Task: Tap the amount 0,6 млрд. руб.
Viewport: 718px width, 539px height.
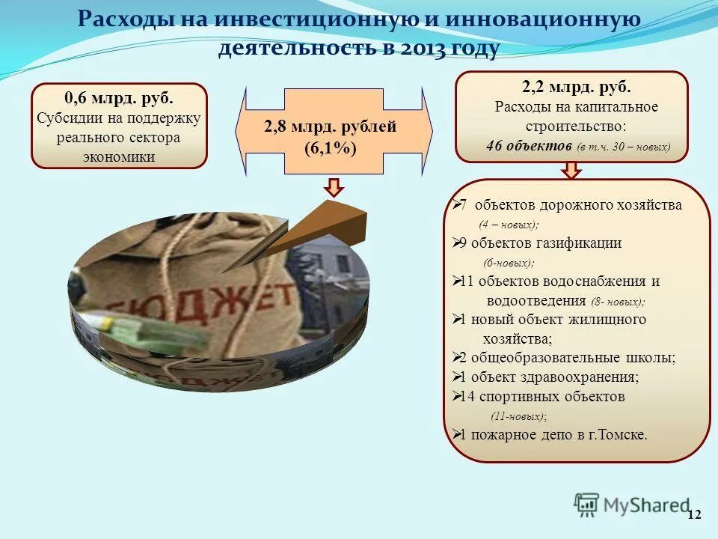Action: (119, 99)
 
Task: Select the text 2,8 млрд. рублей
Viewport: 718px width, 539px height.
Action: (330, 127)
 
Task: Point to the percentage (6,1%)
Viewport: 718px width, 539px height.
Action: (330, 147)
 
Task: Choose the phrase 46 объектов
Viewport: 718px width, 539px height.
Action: (528, 146)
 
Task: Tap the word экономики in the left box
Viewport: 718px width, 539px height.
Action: (119, 156)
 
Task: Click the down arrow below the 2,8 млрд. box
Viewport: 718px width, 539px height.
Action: (334, 187)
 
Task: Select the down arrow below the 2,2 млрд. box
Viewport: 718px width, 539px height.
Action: (572, 171)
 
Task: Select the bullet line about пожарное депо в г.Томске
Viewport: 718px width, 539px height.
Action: (552, 434)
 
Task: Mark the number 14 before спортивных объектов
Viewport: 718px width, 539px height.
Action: (464, 397)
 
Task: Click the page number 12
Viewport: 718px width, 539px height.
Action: (694, 514)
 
